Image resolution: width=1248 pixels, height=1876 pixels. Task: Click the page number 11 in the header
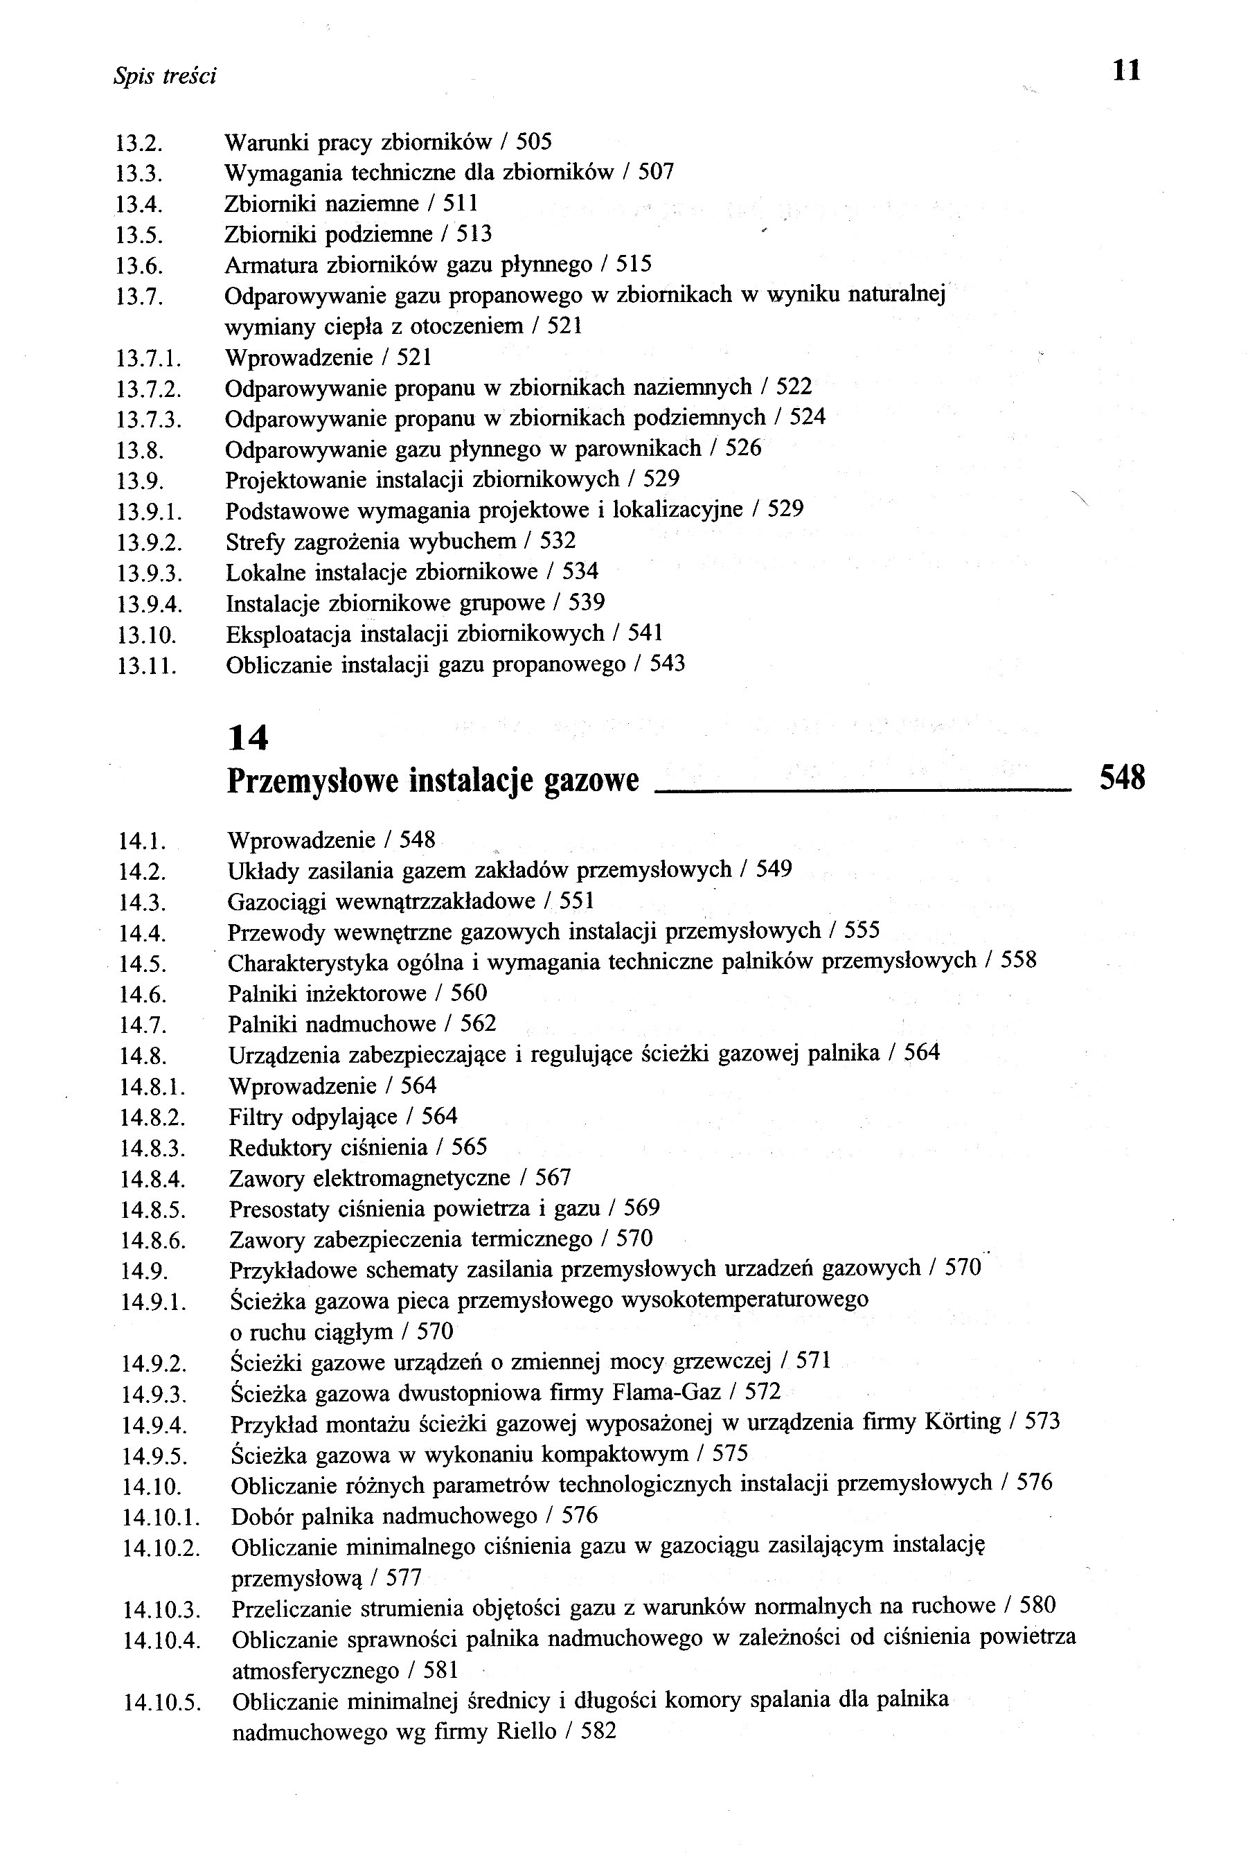coord(1126,71)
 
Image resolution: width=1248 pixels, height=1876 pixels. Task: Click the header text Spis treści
coord(165,76)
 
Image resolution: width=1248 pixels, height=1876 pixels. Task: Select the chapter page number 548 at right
coord(1121,777)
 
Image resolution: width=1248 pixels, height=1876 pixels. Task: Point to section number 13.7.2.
coord(149,389)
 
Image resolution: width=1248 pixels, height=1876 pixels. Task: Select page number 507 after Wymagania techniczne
coord(656,172)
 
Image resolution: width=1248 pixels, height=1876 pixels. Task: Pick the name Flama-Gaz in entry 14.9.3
coord(666,1391)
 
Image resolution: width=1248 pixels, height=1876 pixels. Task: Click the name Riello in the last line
coord(526,1731)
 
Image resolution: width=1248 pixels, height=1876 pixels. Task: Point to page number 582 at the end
coord(598,1731)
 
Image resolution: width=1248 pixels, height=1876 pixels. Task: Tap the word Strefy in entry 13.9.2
coord(256,542)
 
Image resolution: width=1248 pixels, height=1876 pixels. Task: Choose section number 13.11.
coord(145,665)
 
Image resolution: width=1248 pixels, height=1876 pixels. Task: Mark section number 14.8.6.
coord(153,1240)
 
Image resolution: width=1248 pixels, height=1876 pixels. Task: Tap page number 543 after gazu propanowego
coord(667,664)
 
